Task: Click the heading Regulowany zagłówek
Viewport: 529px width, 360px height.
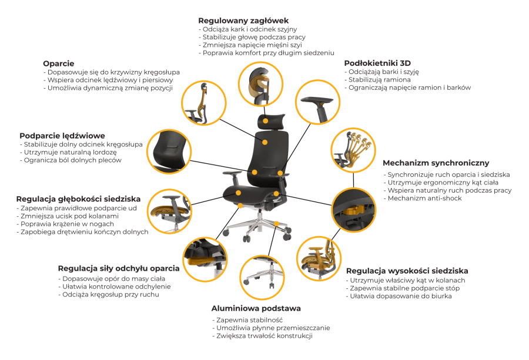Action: [x=243, y=21]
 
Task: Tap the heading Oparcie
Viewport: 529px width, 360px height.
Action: [x=58, y=63]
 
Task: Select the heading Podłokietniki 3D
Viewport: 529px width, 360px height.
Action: [x=377, y=63]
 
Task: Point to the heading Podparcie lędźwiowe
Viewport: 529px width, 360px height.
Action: [x=62, y=136]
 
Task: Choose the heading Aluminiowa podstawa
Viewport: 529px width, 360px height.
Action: [x=256, y=308]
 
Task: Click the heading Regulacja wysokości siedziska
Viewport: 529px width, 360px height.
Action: [x=407, y=271]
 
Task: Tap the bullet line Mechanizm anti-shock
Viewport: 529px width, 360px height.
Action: [x=423, y=198]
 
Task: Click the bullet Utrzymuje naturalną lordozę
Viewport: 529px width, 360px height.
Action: [x=68, y=152]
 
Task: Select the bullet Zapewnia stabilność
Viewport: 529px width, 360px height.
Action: [x=247, y=320]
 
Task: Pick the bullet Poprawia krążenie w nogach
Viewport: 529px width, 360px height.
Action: [x=65, y=224]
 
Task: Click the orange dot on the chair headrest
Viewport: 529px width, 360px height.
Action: [x=266, y=120]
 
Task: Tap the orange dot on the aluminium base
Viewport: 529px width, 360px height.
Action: [x=276, y=224]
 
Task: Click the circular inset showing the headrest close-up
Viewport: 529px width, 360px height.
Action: [x=260, y=84]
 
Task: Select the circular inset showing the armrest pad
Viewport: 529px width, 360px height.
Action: [x=317, y=102]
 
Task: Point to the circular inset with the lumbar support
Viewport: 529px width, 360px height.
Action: [x=169, y=152]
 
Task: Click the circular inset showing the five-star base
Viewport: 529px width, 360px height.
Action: [x=262, y=277]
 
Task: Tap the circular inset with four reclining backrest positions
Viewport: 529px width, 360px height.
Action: [x=353, y=150]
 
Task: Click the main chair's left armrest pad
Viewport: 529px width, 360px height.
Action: [x=232, y=173]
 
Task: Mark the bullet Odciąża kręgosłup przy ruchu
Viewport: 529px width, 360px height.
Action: [x=109, y=295]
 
